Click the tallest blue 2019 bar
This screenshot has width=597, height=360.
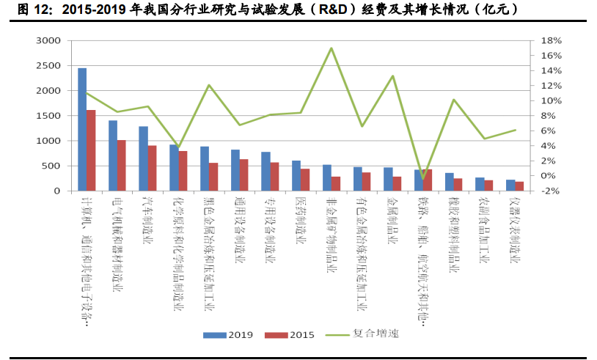point(82,129)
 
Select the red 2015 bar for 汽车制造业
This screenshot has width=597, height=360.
point(152,168)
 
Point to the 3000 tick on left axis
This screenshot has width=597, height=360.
point(51,41)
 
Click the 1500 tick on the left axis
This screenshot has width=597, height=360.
point(51,116)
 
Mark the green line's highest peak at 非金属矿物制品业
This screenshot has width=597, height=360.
point(332,48)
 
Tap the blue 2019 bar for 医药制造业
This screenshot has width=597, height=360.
point(296,176)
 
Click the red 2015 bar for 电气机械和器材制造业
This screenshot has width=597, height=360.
point(122,165)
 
